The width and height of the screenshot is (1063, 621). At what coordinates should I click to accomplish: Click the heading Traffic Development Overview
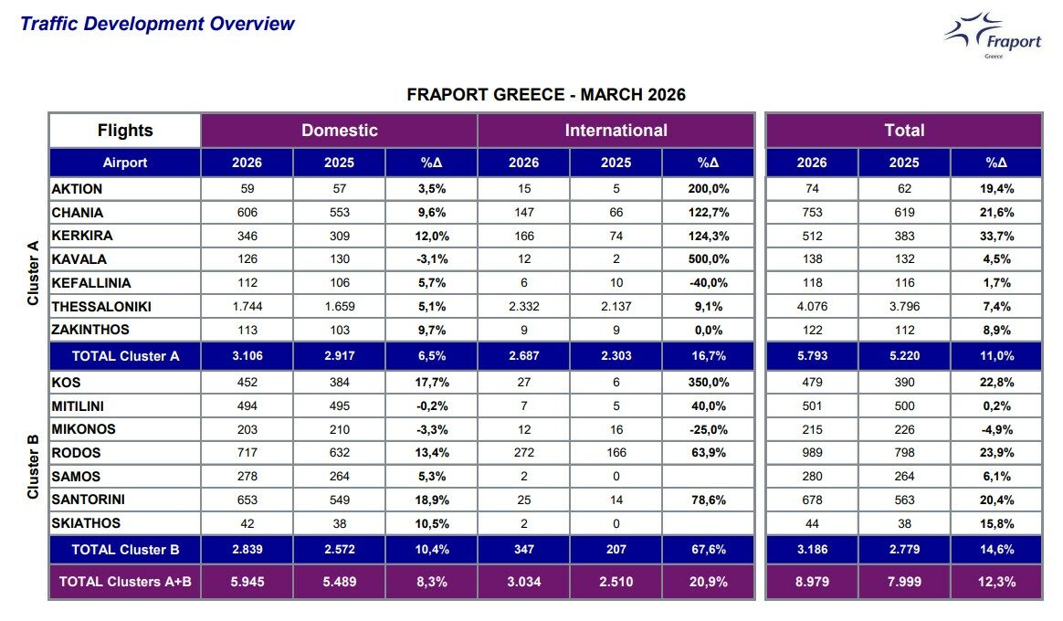[x=157, y=24]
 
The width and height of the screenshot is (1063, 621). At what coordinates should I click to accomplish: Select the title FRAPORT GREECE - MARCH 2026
[x=546, y=95]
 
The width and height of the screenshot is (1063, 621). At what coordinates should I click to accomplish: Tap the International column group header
[x=616, y=131]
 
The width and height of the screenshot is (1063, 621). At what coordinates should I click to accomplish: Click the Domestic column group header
[x=339, y=131]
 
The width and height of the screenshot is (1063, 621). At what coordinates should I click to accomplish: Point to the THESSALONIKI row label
[x=101, y=307]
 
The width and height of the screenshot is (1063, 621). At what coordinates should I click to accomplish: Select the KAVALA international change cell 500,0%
[x=709, y=259]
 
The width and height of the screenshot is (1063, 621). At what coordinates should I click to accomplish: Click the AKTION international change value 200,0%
[x=709, y=189]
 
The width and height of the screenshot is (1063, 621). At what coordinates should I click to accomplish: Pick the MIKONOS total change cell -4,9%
[x=995, y=429]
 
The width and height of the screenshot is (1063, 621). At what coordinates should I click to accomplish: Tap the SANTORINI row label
[x=89, y=500]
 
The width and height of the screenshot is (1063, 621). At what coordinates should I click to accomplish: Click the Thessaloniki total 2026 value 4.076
[x=811, y=307]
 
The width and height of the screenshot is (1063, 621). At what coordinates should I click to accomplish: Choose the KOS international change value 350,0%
[x=709, y=383]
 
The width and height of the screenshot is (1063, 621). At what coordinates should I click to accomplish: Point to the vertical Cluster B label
[x=33, y=467]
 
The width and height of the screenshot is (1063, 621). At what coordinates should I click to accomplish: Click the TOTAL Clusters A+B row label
[x=125, y=582]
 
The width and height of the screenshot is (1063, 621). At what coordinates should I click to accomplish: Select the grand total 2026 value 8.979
[x=811, y=582]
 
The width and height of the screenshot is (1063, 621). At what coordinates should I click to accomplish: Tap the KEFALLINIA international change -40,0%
[x=709, y=283]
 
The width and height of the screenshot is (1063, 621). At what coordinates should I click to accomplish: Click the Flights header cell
[x=125, y=131]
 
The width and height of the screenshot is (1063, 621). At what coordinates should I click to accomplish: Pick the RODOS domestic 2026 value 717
[x=247, y=453]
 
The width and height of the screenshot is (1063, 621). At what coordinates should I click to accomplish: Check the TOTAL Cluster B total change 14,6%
[x=995, y=550]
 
